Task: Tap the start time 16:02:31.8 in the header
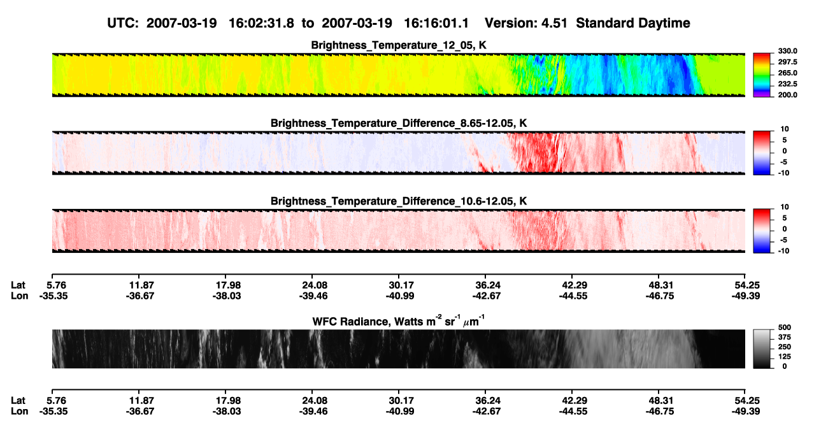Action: tap(261, 23)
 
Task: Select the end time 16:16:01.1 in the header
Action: tap(436, 23)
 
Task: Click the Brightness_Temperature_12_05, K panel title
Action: tap(399, 45)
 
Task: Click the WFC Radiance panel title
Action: tap(399, 321)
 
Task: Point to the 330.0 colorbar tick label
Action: tap(787, 51)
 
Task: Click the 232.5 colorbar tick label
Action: tap(787, 84)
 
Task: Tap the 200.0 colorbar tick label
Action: tap(787, 95)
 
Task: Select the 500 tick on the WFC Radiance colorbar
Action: tap(784, 328)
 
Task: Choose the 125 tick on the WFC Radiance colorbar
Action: tap(784, 357)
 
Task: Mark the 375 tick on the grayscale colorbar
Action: tap(784, 337)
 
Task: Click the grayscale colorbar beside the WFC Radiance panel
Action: tap(762, 349)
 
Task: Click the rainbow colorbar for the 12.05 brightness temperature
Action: tap(762, 75)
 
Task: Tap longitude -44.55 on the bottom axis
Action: tap(573, 412)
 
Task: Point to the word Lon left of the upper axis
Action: tap(19, 296)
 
